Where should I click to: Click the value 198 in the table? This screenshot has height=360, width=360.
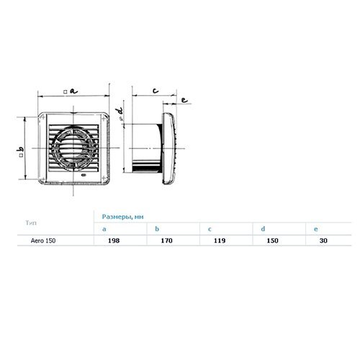tap(114, 240)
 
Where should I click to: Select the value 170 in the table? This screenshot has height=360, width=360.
tap(166, 240)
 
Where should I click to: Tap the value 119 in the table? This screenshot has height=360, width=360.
tap(220, 240)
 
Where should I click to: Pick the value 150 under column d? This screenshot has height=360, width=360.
tap(272, 240)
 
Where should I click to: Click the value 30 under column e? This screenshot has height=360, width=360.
tap(323, 240)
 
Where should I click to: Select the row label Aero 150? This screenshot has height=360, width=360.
tap(43, 240)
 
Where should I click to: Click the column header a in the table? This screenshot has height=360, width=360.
tap(104, 229)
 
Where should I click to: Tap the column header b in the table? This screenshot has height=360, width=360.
tap(157, 228)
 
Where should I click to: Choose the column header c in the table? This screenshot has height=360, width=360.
tap(210, 229)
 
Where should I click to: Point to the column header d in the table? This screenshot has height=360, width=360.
tap(263, 228)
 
